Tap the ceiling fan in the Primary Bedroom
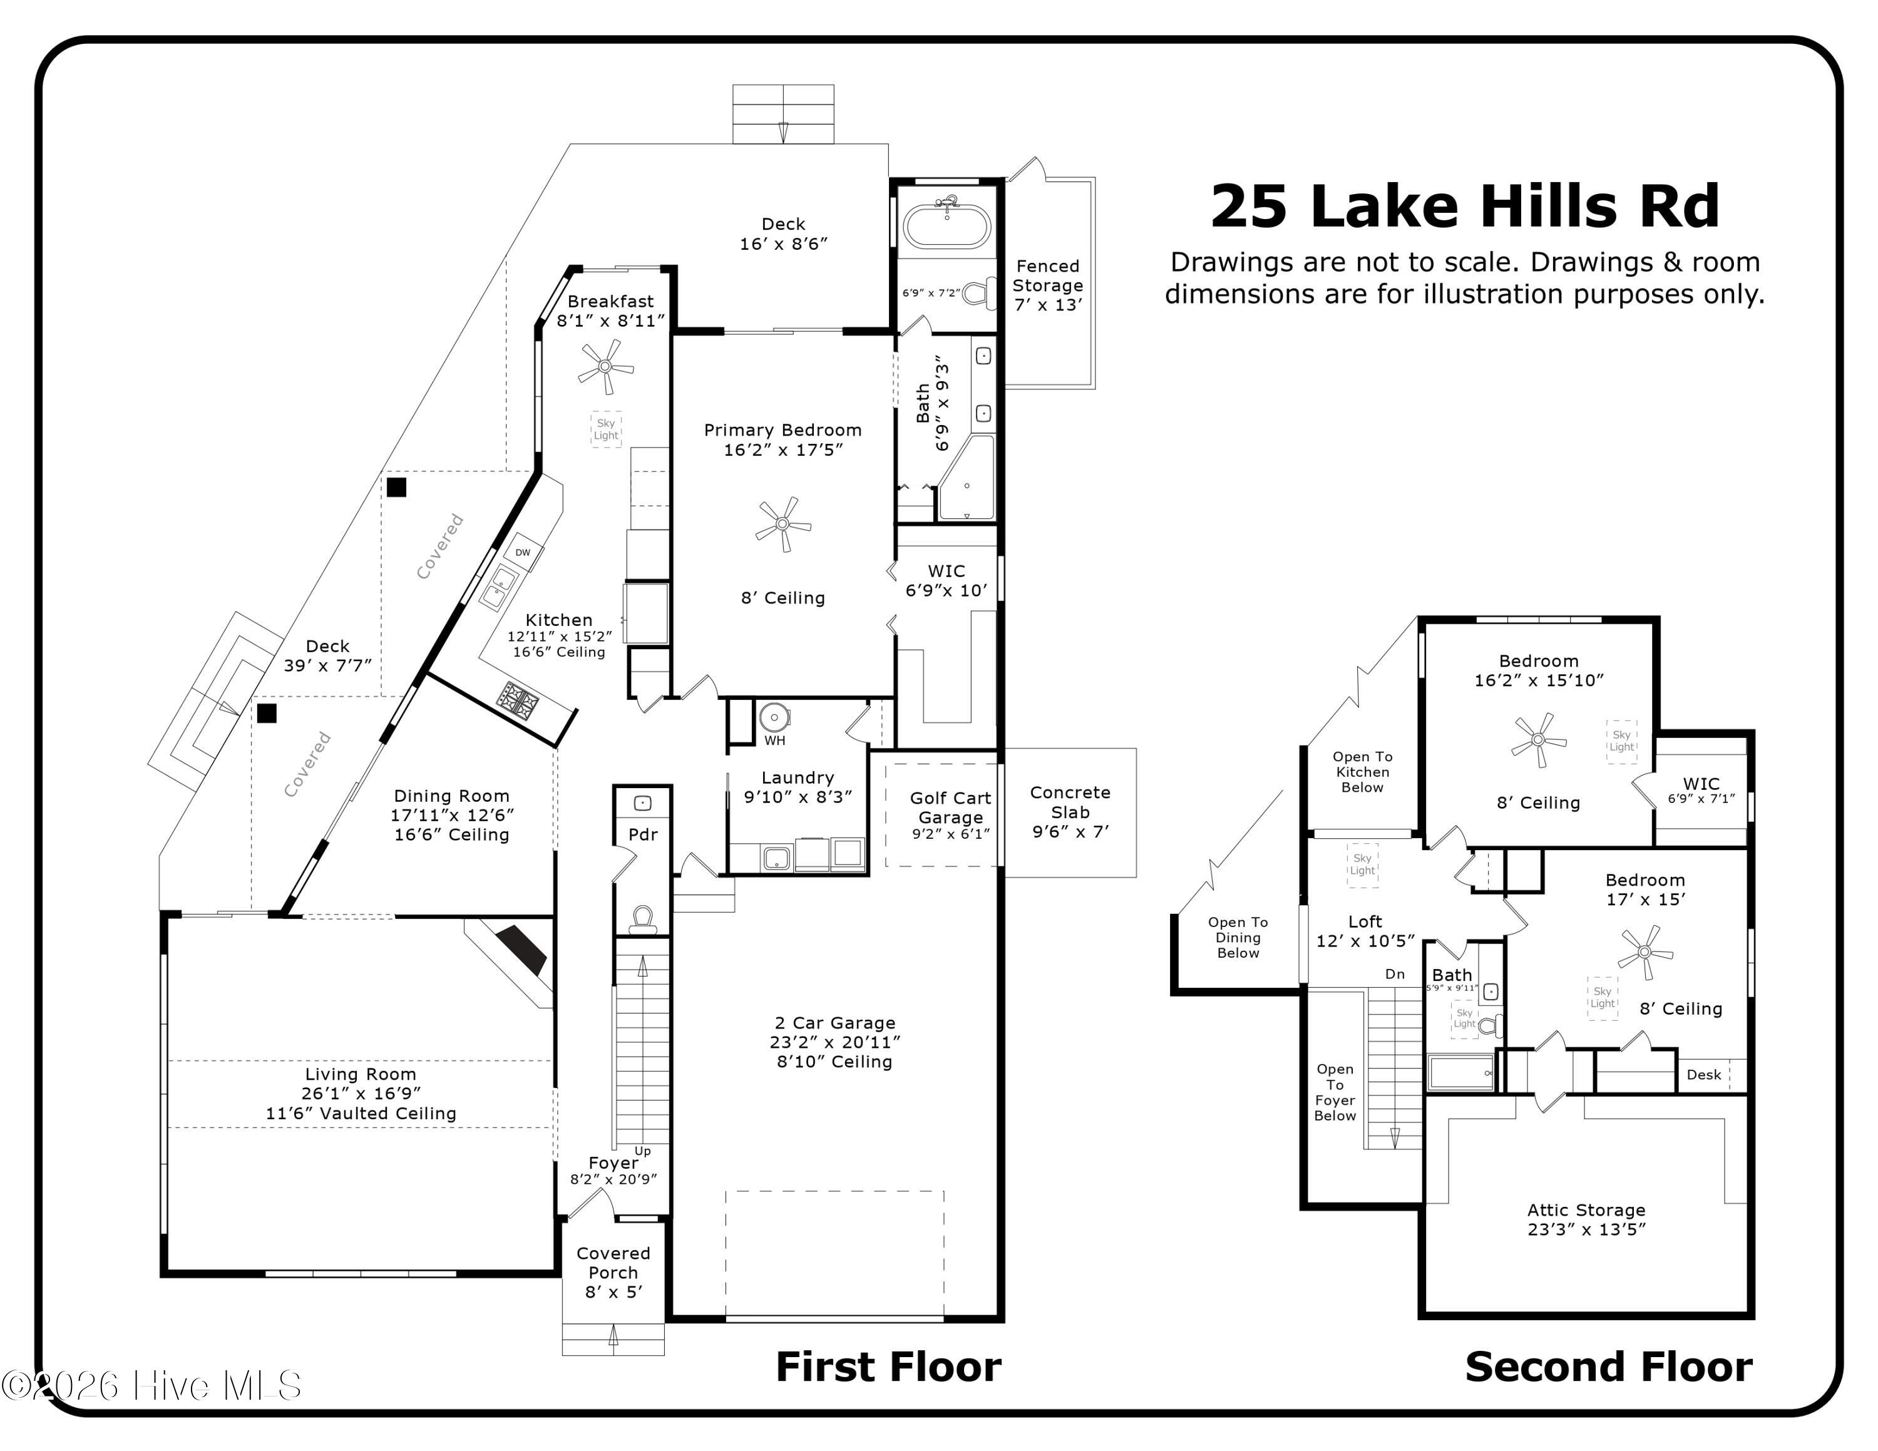click(x=782, y=523)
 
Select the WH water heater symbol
click(x=774, y=717)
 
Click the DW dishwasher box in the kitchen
click(x=523, y=553)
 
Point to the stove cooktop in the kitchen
click(x=520, y=700)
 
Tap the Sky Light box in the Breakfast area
click(x=606, y=429)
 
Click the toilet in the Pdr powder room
click(x=642, y=919)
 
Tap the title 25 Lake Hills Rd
click(x=1464, y=207)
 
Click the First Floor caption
click(x=888, y=1366)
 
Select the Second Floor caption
click(x=1609, y=1366)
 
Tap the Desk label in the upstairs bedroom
click(x=1703, y=1075)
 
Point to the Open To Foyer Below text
click(x=1335, y=1092)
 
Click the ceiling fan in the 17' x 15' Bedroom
click(x=1645, y=951)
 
